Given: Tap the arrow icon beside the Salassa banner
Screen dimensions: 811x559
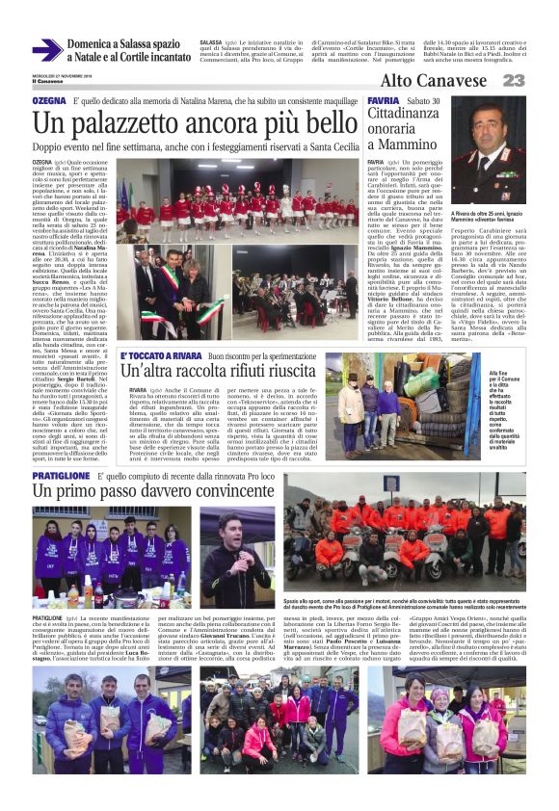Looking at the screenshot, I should point(47,50).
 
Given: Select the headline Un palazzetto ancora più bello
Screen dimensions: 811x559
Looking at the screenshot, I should point(195,123).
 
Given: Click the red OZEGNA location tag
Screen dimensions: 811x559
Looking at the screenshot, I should point(49,100).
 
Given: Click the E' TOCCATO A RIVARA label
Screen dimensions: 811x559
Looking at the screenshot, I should point(159,355).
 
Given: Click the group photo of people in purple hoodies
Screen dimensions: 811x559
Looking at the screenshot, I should point(111,557).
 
